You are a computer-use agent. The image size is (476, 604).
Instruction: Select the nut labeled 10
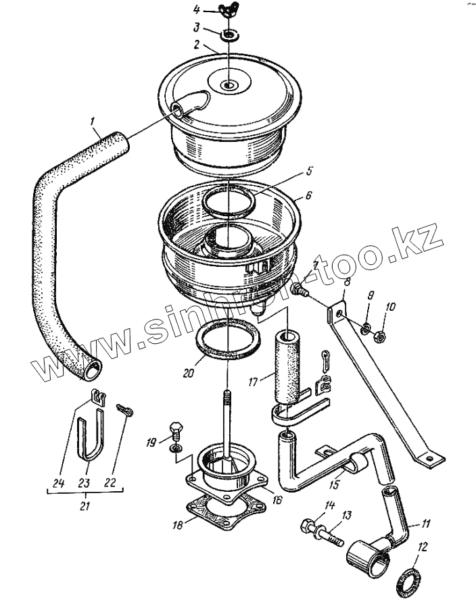(x=381, y=334)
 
